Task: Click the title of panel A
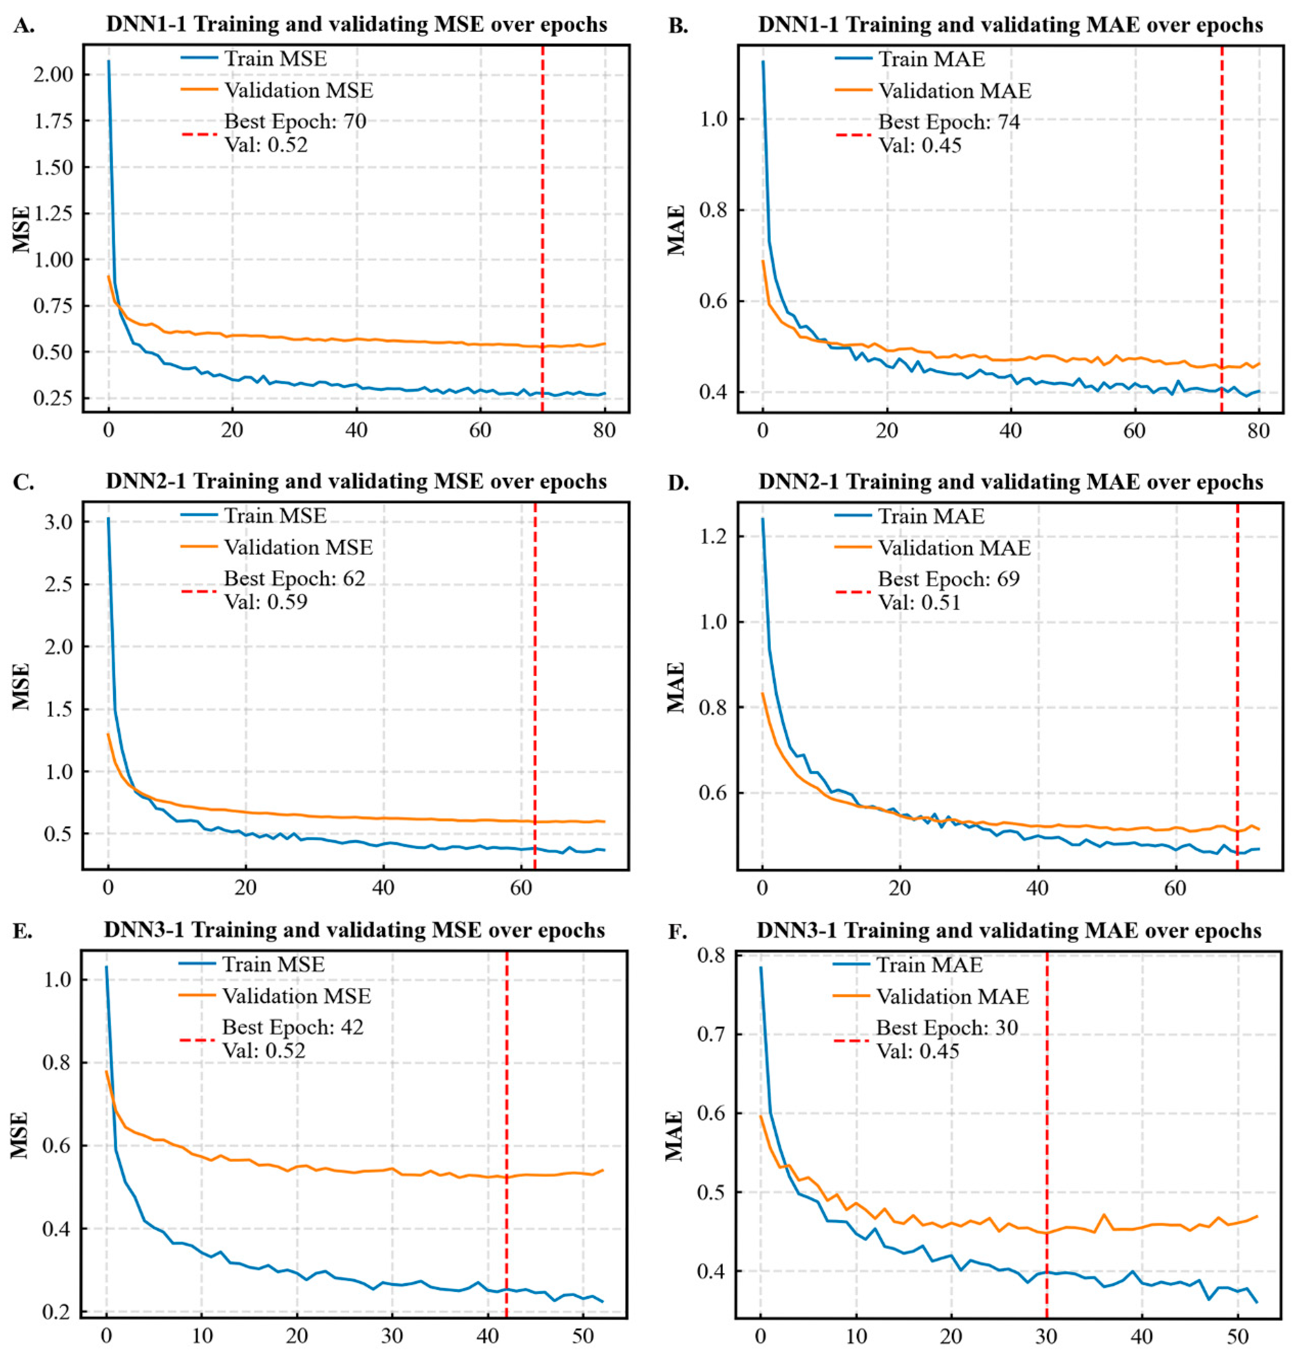(x=356, y=25)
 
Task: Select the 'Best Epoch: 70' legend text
(x=295, y=122)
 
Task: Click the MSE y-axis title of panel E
(x=20, y=1135)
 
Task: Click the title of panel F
(x=1009, y=931)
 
